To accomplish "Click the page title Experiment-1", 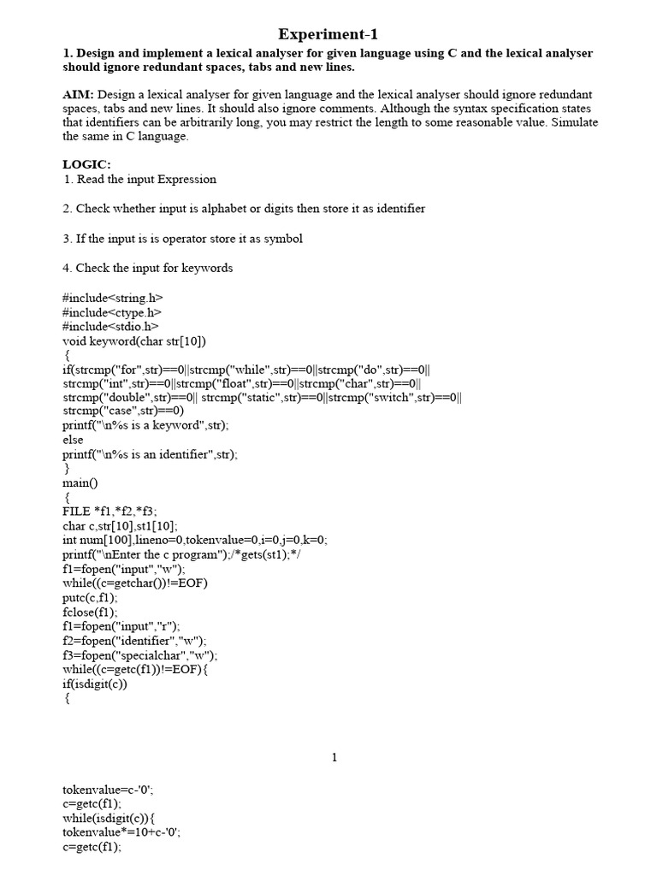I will pyautogui.click(x=328, y=34).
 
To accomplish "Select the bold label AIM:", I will pyautogui.click(x=78, y=94).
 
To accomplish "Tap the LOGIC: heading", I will pyautogui.click(x=86, y=164).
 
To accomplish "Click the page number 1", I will pyautogui.click(x=335, y=757).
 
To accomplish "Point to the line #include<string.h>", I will pyautogui.click(x=112, y=298).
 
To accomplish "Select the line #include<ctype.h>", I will pyautogui.click(x=111, y=312).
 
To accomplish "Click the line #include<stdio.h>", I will pyautogui.click(x=110, y=326).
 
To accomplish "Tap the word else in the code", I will pyautogui.click(x=73, y=440).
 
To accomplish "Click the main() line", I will pyautogui.click(x=80, y=482).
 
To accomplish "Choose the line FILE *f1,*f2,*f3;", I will pyautogui.click(x=109, y=512).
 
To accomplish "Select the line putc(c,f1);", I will pyautogui.click(x=90, y=598).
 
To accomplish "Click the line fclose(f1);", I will pyautogui.click(x=90, y=613).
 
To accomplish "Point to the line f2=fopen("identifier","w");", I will pyautogui.click(x=134, y=641).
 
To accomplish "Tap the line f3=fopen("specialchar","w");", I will pyautogui.click(x=139, y=655).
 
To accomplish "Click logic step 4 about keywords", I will pyautogui.click(x=147, y=268).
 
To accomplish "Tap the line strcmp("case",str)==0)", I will pyautogui.click(x=123, y=411).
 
